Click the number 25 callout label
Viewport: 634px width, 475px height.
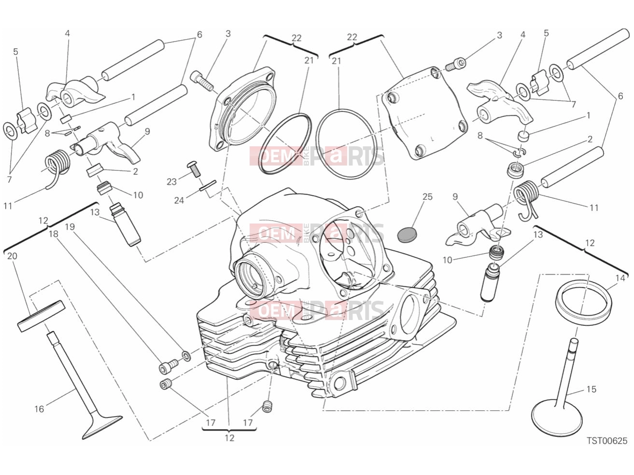pyautogui.click(x=427, y=197)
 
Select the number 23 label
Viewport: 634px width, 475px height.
pyautogui.click(x=171, y=182)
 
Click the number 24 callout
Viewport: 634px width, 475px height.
pyautogui.click(x=179, y=200)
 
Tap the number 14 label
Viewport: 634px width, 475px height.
pyautogui.click(x=620, y=278)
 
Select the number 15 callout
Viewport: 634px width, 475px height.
pyautogui.click(x=591, y=389)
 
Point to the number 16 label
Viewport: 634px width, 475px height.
pyautogui.click(x=39, y=409)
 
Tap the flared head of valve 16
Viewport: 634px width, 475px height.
pyautogui.click(x=102, y=428)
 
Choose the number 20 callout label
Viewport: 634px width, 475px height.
pyautogui.click(x=12, y=256)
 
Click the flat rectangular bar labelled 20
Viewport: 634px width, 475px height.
pyautogui.click(x=42, y=316)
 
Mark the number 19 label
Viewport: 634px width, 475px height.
pyautogui.click(x=70, y=227)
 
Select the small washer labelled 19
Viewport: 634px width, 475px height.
pyautogui.click(x=186, y=356)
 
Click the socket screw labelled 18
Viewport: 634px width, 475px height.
pyautogui.click(x=169, y=365)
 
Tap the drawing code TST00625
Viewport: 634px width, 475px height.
pyautogui.click(x=607, y=441)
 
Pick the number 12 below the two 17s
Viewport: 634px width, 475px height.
pyautogui.click(x=229, y=438)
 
